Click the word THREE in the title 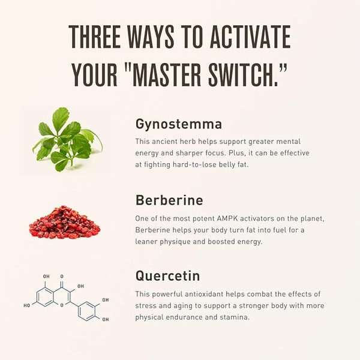click(95, 37)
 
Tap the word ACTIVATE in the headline click(250, 37)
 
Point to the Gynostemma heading click(179, 124)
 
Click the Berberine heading click(169, 200)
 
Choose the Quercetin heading click(167, 276)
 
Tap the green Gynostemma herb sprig click(68, 139)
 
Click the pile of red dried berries click(65, 223)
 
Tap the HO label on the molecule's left click(27, 305)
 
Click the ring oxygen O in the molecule click(62, 305)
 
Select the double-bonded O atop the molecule click(62, 277)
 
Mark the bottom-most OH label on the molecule click(106, 319)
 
